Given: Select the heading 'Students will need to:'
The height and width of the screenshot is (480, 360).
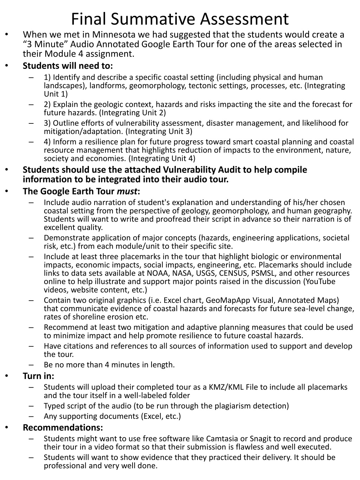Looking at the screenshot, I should click(x=68, y=66).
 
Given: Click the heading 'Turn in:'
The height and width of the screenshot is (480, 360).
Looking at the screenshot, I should click(x=38, y=376).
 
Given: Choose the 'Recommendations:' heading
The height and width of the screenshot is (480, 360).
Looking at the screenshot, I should click(x=63, y=428).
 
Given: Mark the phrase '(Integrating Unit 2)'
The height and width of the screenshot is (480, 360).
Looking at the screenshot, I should click(x=133, y=113).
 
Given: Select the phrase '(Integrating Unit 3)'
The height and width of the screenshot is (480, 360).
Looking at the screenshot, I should click(x=159, y=132).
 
